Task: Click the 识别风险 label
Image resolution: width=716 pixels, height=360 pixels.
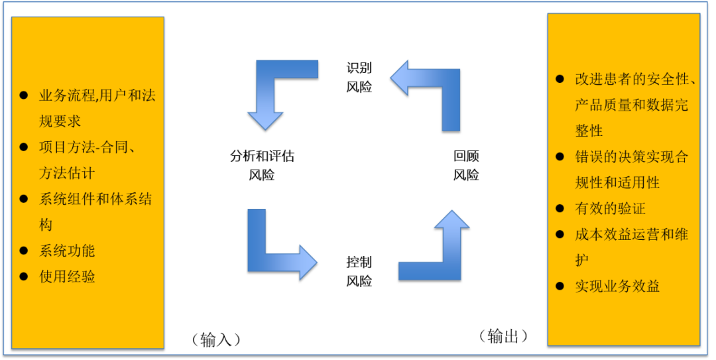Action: (x=359, y=78)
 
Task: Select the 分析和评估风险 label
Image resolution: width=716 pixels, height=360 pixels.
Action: (x=262, y=165)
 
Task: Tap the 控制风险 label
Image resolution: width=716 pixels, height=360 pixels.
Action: (x=359, y=270)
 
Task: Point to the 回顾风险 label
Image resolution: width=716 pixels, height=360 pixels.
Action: (x=466, y=165)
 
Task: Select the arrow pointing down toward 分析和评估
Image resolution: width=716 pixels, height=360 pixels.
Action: (x=272, y=93)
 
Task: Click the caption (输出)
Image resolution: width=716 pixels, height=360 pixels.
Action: (x=503, y=336)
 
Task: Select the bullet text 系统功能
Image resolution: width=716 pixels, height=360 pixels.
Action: (x=67, y=251)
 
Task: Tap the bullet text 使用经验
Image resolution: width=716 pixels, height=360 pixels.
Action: (x=67, y=276)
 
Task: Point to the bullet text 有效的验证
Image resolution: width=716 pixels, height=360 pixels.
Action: (x=610, y=209)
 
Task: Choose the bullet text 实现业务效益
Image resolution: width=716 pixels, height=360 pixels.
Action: (x=617, y=286)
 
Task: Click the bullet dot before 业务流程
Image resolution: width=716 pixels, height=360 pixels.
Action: (x=24, y=95)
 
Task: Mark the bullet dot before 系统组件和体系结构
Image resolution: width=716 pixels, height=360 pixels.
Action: (x=24, y=199)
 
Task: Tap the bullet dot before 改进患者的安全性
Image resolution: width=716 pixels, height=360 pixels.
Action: (x=560, y=80)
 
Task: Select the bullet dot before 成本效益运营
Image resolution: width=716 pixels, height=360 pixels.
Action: (x=560, y=235)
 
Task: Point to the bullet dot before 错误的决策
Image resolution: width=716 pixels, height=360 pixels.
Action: (x=560, y=157)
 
